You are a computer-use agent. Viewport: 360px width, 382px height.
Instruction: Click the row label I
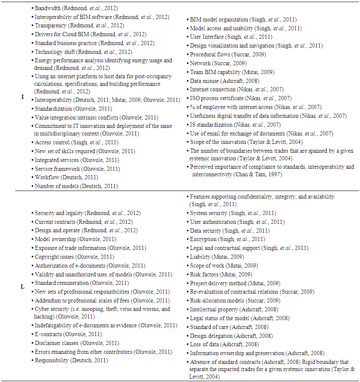pos(22,96)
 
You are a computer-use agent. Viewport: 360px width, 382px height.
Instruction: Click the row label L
pos(22,286)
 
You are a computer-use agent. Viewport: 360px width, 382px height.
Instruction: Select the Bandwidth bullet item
pos(76,8)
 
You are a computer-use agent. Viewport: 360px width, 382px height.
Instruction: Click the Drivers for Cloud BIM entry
pos(90,34)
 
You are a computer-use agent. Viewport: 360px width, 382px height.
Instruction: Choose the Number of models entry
pos(76,186)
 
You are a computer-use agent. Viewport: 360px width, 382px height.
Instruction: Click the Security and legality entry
pos(87,213)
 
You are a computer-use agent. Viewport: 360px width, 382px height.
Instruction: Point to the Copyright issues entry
pos(74,257)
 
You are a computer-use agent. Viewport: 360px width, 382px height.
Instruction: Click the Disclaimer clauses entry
pos(77,343)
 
